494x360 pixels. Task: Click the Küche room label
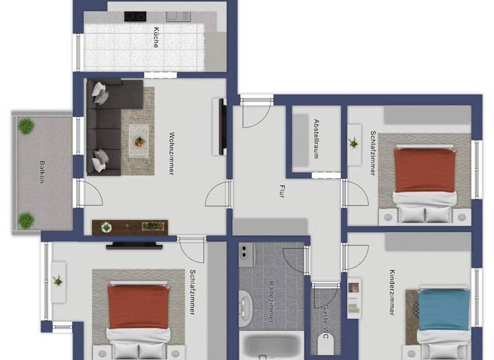pyautogui.click(x=156, y=37)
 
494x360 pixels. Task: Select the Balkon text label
pyautogui.click(x=42, y=172)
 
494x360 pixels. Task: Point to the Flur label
pyautogui.click(x=282, y=191)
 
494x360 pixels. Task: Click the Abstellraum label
pyautogui.click(x=316, y=137)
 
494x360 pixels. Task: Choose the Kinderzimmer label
pyautogui.click(x=392, y=292)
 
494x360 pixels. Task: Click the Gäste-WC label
pyautogui.click(x=327, y=321)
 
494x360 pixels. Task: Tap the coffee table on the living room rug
pyautogui.click(x=138, y=137)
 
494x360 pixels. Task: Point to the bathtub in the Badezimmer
pyautogui.click(x=270, y=348)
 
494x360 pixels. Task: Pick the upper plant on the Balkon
pyautogui.click(x=26, y=126)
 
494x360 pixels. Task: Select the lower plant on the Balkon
pyautogui.click(x=26, y=220)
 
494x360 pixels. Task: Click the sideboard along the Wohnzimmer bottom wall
pyautogui.click(x=129, y=227)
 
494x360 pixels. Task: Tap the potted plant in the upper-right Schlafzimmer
pyautogui.click(x=354, y=143)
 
